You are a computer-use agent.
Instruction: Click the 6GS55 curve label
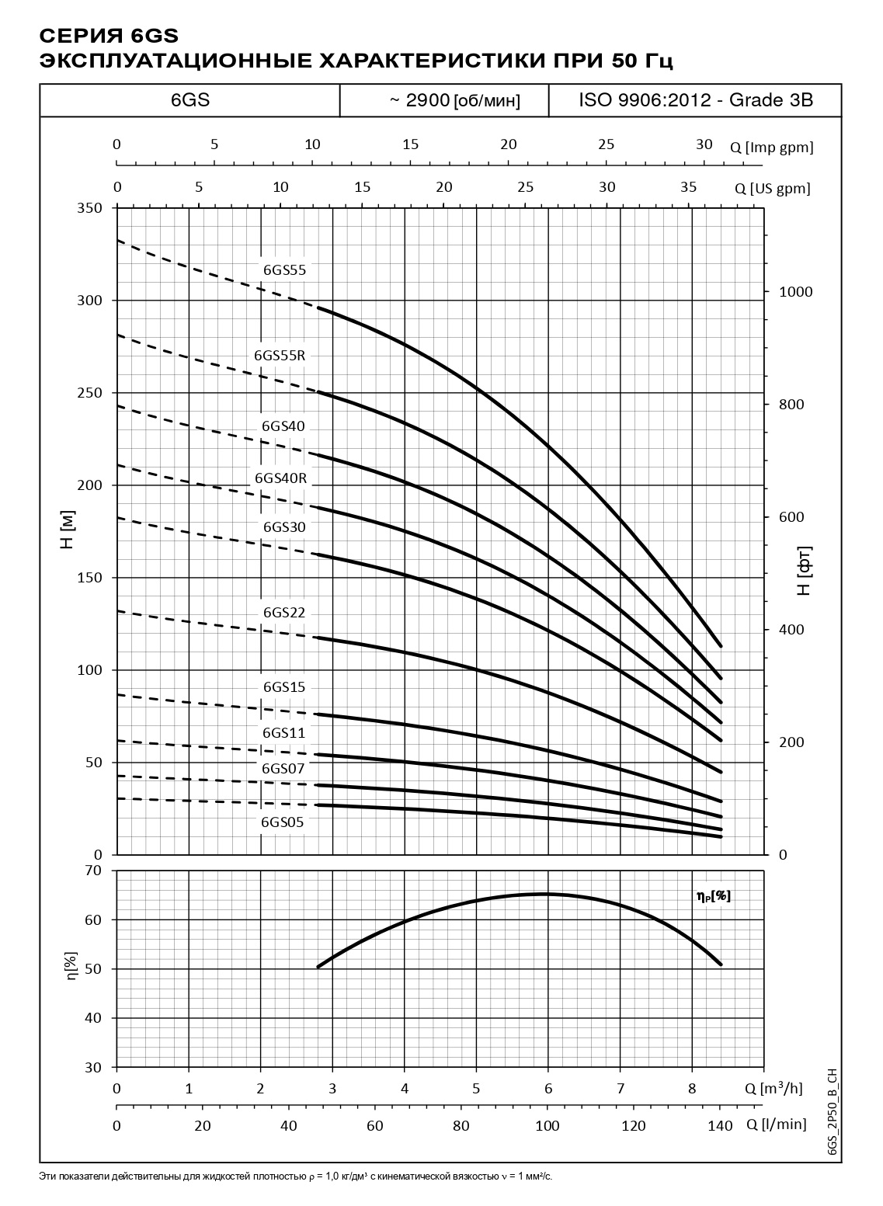coord(285,271)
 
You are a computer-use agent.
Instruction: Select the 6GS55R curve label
coord(280,356)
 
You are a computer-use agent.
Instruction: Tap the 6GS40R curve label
coord(281,478)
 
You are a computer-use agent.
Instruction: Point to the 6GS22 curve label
coord(284,613)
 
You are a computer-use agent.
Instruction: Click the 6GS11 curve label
coord(284,733)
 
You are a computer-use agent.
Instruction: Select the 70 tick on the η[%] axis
coord(92,871)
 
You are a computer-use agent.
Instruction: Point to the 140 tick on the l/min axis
coord(720,1125)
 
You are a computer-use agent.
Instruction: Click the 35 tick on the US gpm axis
coord(689,186)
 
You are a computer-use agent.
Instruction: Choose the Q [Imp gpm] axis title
coord(771,148)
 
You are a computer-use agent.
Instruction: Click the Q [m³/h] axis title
coord(773,1089)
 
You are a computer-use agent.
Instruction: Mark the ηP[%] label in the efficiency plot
coord(714,896)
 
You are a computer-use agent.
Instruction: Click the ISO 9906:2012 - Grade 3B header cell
coord(695,100)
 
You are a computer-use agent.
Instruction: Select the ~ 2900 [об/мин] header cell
coord(444,101)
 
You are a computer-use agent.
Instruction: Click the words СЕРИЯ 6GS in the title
coord(109,36)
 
